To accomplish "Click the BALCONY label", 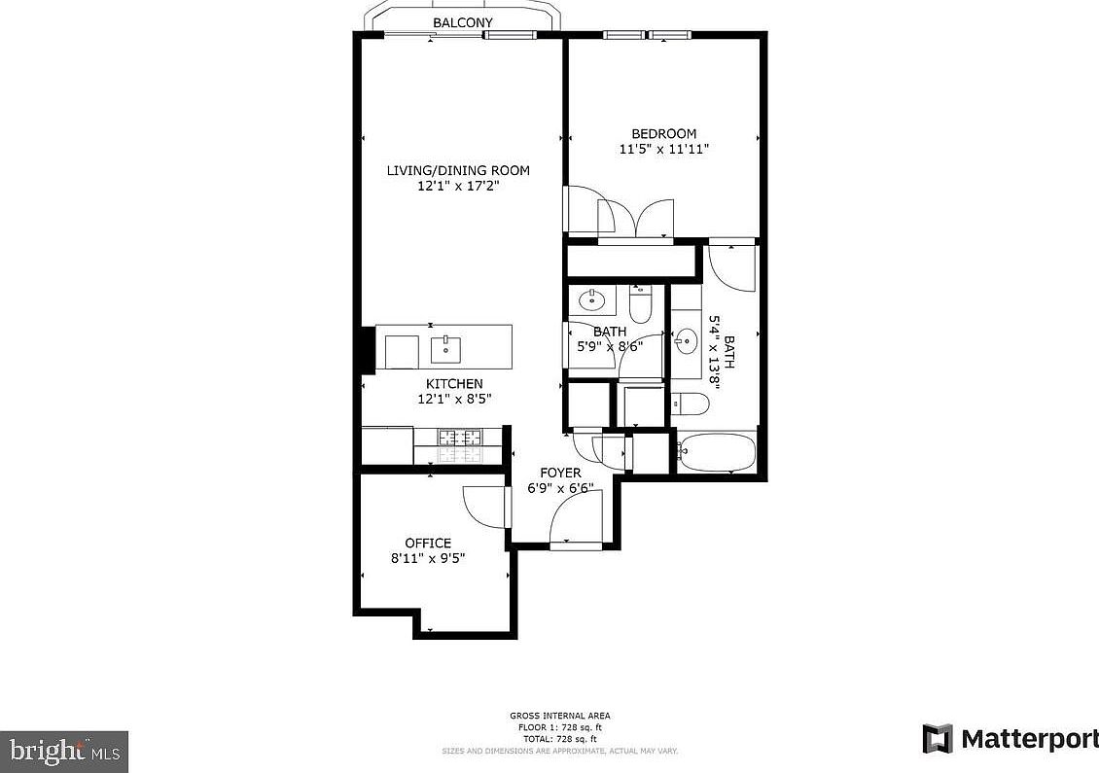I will [463, 22].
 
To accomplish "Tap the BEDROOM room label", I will [664, 134].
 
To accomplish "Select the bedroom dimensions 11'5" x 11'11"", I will [664, 150].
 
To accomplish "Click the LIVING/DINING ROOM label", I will [458, 171].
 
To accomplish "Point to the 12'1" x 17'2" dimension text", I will [458, 187].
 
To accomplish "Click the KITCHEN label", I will [454, 384].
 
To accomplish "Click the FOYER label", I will [560, 474].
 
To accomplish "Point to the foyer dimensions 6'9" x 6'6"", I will [560, 489].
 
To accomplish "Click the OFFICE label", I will [428, 544].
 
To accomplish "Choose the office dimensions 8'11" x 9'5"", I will [428, 559].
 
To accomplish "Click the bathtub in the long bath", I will [718, 453].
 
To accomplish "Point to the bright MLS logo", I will [64, 750].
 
